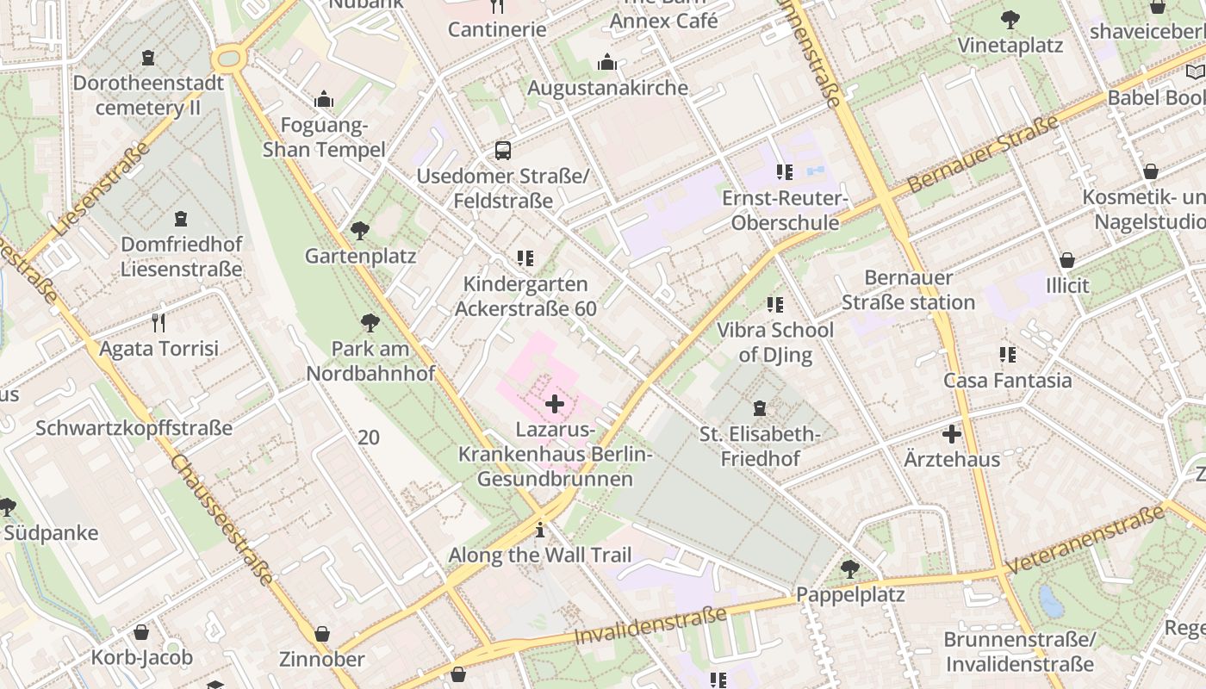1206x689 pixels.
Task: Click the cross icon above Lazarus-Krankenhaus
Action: [x=555, y=403]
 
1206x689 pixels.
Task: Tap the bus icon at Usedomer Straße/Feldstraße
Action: [x=503, y=151]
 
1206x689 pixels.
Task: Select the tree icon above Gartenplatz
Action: [x=360, y=231]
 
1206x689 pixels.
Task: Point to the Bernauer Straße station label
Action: [x=908, y=290]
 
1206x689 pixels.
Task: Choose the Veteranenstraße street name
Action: [x=1085, y=540]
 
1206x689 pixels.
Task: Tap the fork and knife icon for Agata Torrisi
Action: [x=158, y=323]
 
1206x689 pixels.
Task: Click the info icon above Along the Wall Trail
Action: [x=540, y=530]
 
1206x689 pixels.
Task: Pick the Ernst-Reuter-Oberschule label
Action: [x=784, y=211]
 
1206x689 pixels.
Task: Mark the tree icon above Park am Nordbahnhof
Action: [x=370, y=323]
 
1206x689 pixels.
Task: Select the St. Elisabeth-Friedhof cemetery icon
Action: [x=760, y=408]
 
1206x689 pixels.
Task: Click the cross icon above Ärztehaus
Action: [x=952, y=434]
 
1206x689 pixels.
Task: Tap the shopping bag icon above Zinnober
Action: [x=322, y=634]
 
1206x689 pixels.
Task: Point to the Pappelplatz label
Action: [x=849, y=595]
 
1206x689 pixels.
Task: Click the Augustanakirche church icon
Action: [x=607, y=63]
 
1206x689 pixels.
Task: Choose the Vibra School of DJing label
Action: [x=775, y=342]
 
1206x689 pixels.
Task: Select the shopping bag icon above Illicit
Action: [x=1067, y=260]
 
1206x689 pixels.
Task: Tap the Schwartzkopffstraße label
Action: [x=134, y=428]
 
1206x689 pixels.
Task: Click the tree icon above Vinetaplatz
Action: [x=1010, y=20]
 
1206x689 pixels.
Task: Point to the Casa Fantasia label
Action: [x=1007, y=380]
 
